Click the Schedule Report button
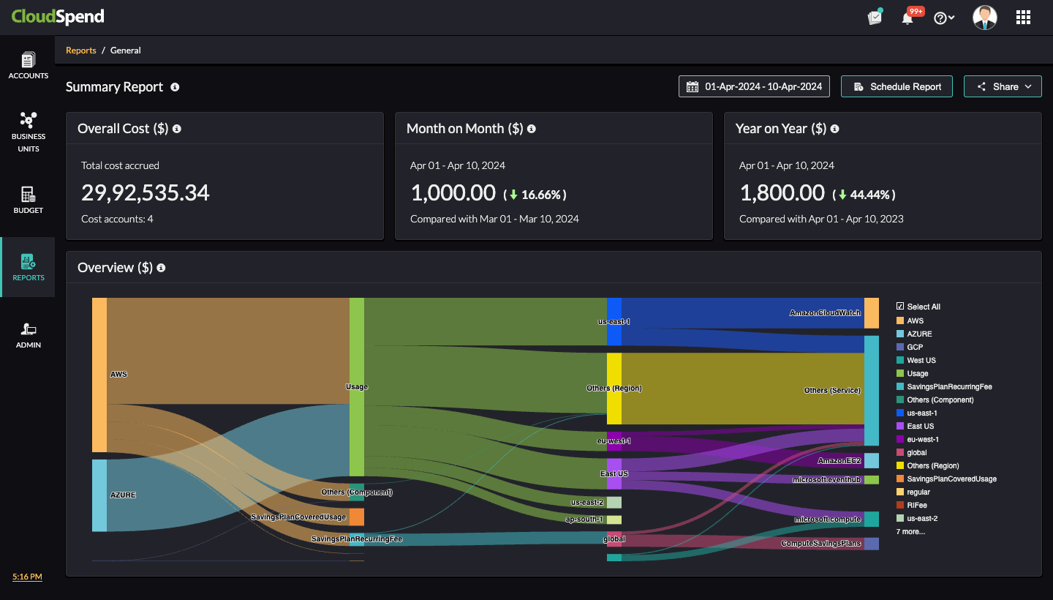coord(897,86)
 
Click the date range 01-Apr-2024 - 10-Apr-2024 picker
coord(755,86)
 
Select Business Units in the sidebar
coord(29,131)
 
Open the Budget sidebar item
coord(29,199)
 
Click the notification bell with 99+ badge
coord(907,18)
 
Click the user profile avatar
coord(984,18)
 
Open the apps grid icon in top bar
coord(1023,18)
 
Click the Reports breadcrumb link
coord(81,50)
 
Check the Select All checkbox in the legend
coord(900,307)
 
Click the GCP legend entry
coord(915,347)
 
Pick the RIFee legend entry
coord(917,505)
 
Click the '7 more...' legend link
coord(910,531)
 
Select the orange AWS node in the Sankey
coord(99,375)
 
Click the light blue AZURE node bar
coord(99,495)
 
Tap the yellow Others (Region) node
coord(614,389)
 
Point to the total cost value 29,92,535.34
coord(146,192)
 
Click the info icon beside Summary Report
coord(175,87)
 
